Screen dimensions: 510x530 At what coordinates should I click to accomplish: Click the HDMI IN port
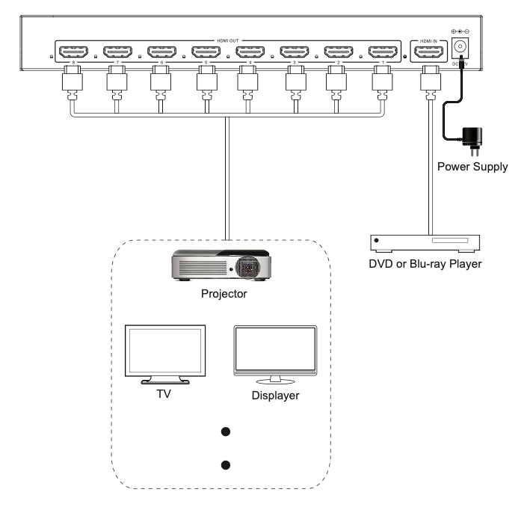[x=429, y=52]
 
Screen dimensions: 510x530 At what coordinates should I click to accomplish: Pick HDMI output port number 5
[x=205, y=52]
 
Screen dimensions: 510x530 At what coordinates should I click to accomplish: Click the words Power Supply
[x=472, y=168]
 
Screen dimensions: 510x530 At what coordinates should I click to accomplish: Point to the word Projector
[x=224, y=294]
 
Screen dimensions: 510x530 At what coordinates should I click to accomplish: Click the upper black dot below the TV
[x=224, y=432]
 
